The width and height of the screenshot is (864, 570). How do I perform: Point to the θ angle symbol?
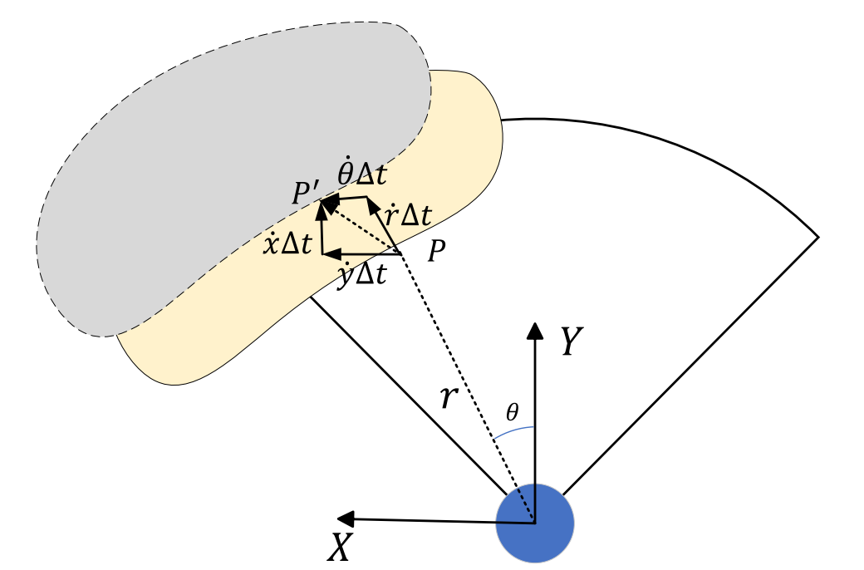[x=513, y=411]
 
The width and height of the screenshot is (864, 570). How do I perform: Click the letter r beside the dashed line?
[x=448, y=398]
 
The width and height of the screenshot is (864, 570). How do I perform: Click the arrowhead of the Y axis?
[x=534, y=330]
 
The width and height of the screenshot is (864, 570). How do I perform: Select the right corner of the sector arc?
[x=818, y=238]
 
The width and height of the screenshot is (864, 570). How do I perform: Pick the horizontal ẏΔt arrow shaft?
[x=366, y=253]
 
